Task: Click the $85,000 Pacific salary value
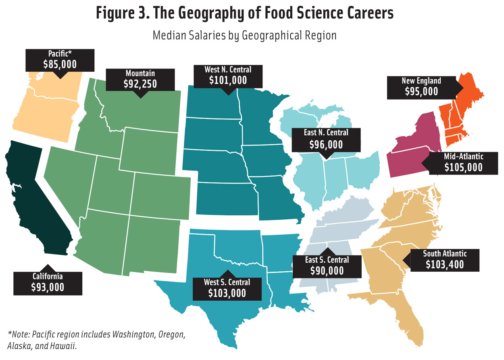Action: click(x=60, y=64)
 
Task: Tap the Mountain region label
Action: click(x=140, y=73)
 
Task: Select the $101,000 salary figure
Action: click(x=228, y=80)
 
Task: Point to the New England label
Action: click(x=421, y=81)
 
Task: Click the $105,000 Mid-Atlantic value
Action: click(x=463, y=167)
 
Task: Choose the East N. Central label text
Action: click(x=326, y=132)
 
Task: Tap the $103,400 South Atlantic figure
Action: click(x=445, y=264)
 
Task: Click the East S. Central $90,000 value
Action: click(x=327, y=271)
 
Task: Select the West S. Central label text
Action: click(x=227, y=282)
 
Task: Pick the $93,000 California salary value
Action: click(x=48, y=287)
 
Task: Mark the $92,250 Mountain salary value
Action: click(x=140, y=84)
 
